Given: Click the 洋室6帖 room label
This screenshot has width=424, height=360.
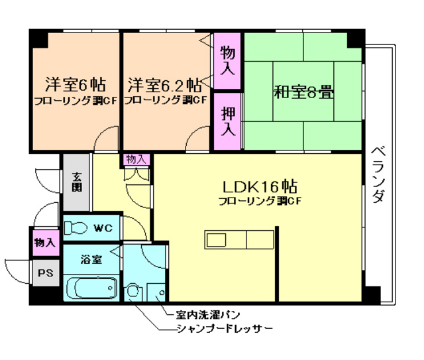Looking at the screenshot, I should (74, 85).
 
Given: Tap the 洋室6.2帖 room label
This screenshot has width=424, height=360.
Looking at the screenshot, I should (165, 85).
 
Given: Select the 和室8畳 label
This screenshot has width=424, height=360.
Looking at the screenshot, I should (303, 91).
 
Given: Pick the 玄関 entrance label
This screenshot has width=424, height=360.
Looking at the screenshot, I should (77, 180).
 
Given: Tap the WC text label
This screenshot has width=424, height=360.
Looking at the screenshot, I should (103, 228).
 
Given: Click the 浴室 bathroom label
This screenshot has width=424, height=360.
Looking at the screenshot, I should (91, 259).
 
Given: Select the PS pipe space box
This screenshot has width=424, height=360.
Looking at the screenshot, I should (45, 272).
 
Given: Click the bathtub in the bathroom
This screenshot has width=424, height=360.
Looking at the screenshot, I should (92, 288).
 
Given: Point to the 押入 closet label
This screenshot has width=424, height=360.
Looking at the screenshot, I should (227, 121).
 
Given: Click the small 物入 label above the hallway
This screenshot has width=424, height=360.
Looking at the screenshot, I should (136, 159).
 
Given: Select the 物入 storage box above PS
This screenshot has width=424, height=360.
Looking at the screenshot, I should (45, 243).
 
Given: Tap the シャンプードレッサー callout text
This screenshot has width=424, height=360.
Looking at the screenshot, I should (225, 329).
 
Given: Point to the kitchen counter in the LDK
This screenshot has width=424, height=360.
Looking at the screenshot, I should (238, 238).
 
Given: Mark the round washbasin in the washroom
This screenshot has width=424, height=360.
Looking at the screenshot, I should (133, 290).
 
